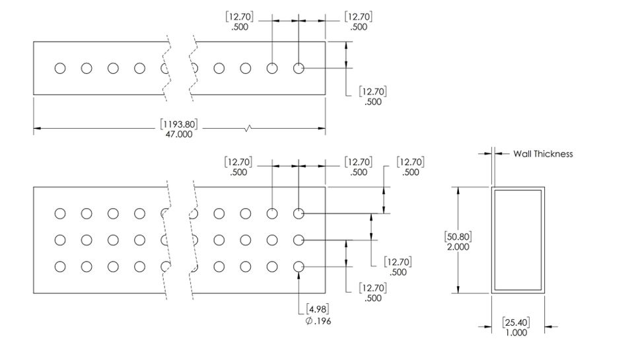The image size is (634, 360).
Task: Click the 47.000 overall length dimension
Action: (x=179, y=134)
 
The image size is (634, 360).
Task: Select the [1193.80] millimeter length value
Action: (x=179, y=124)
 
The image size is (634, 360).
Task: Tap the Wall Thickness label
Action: (x=543, y=154)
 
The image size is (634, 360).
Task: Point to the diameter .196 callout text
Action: (x=318, y=321)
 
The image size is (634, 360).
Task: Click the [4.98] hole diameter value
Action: (x=318, y=309)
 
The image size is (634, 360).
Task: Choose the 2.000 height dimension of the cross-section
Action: (x=458, y=247)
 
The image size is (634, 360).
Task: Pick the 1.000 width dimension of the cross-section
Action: (x=516, y=332)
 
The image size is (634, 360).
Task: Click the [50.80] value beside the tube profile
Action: (x=458, y=236)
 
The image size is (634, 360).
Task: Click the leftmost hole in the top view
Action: (x=60, y=68)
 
